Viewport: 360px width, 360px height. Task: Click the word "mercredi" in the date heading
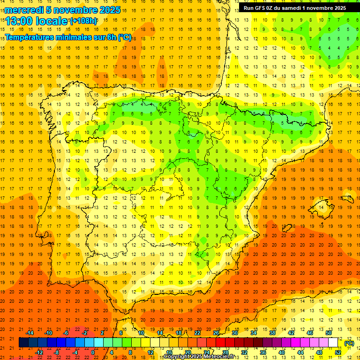click(22, 10)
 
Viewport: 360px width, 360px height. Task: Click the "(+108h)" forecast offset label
click(83, 21)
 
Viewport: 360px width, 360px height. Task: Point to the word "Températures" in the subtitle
click(29, 37)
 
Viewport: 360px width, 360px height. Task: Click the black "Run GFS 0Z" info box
click(294, 8)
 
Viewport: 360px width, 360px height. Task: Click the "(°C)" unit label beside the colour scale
click(349, 343)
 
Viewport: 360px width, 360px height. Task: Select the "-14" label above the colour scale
click(30, 333)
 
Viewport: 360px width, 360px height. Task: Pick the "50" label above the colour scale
click(329, 333)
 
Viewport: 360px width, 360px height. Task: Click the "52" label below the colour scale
click(338, 352)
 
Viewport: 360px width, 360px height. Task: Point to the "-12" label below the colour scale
click(39, 352)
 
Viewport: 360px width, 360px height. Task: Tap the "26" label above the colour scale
click(216, 333)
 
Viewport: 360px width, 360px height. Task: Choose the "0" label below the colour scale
click(93, 352)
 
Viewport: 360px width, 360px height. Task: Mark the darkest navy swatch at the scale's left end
click(23, 343)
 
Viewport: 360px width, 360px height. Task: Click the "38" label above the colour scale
click(272, 333)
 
